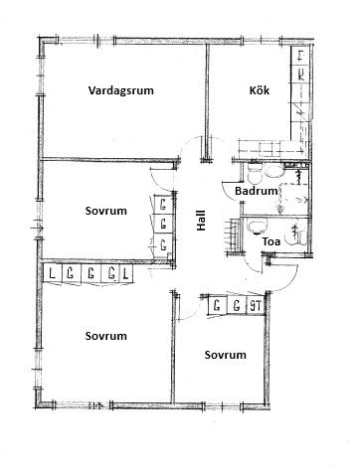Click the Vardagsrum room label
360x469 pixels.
click(121, 90)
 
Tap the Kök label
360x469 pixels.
click(260, 90)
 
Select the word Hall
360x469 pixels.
click(201, 221)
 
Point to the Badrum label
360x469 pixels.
click(257, 191)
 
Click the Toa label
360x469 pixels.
click(271, 241)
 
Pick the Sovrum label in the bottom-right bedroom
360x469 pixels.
click(225, 355)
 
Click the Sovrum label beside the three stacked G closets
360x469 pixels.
click(106, 211)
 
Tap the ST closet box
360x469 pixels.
click(256, 305)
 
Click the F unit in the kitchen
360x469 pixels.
click(300, 56)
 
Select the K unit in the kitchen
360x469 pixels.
click(300, 75)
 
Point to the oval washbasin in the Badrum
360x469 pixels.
click(273, 172)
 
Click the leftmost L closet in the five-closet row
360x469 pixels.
click(52, 273)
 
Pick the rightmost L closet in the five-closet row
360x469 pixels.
click(125, 273)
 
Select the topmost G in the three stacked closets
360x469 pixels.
click(163, 205)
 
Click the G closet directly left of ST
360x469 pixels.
click(237, 305)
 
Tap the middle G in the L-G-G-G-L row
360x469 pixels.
click(90, 273)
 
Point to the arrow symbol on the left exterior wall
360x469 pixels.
click(37, 228)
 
